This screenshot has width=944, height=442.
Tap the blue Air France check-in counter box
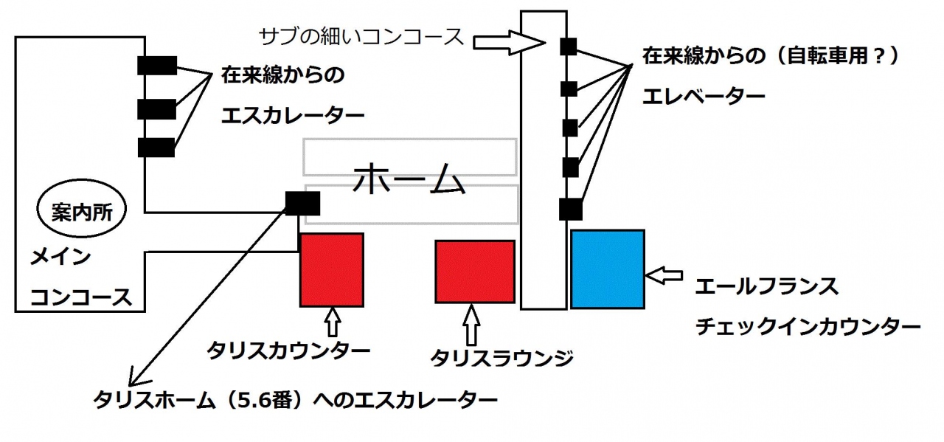tap(608, 269)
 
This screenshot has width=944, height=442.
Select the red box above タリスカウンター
tap(331, 269)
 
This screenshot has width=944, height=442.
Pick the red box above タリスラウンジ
tap(474, 272)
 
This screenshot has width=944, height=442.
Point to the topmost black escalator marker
tap(157, 66)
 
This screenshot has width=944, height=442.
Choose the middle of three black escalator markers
tap(157, 109)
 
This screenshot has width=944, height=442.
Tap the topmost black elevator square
tap(568, 46)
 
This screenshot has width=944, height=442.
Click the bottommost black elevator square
tap(570, 210)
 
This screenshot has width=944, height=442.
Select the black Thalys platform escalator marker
tap(302, 201)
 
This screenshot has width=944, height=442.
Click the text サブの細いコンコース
tap(362, 35)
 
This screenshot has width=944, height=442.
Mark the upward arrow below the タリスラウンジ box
tap(473, 325)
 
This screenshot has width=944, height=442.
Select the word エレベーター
tap(704, 97)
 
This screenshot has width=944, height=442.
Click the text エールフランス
tap(766, 286)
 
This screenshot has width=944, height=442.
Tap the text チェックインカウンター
tap(808, 327)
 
